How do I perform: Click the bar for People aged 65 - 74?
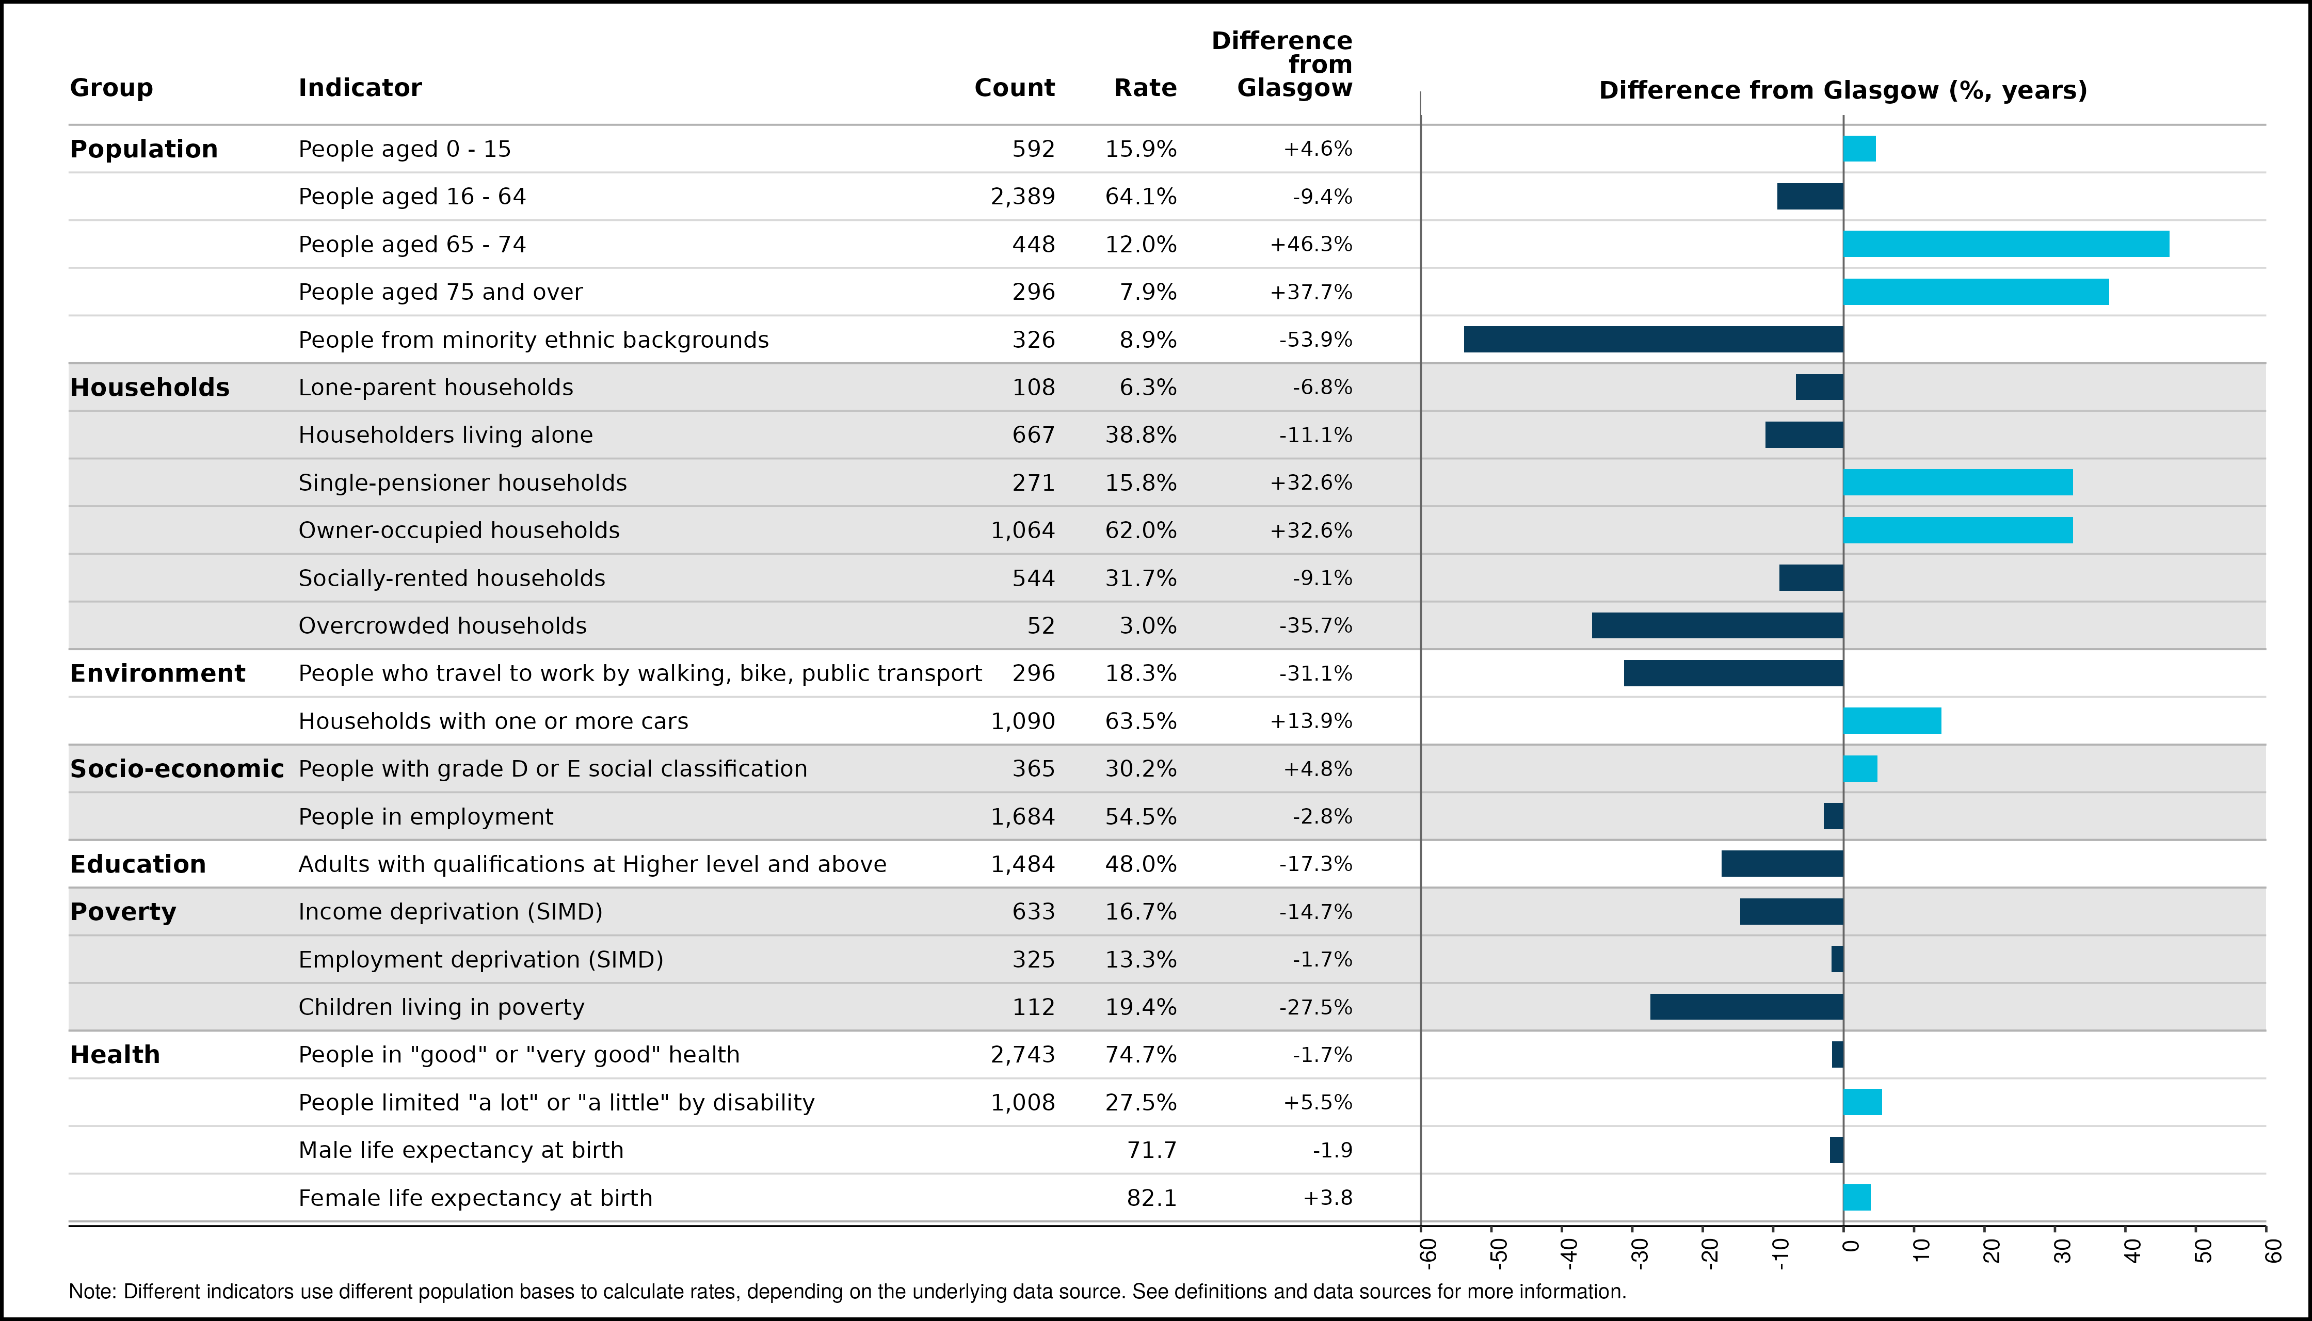coord(2005,244)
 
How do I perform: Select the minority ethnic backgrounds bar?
coord(1653,340)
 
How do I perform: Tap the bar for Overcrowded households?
coord(1717,625)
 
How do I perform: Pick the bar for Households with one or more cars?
coord(1892,720)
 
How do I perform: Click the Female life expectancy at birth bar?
coord(1856,1198)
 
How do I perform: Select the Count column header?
coord(1015,88)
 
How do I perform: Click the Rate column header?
coord(1145,88)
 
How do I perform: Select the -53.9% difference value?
coord(1315,340)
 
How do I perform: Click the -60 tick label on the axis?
coord(1428,1252)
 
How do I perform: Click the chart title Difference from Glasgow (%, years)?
coord(1843,91)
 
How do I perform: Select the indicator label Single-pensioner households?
coord(463,482)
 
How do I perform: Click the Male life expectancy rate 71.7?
coord(1151,1150)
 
